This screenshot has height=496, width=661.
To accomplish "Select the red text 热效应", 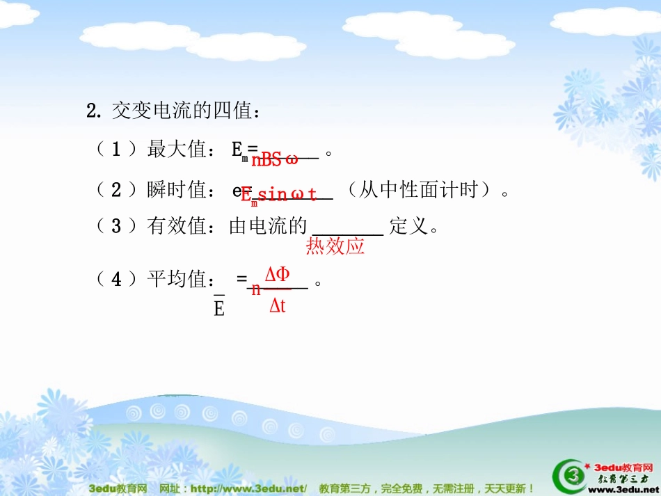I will pos(335,246).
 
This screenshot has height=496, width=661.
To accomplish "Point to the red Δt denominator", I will pos(278,305).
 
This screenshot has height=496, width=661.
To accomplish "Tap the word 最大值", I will pos(177,149).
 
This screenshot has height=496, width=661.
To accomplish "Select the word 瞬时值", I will pos(177,189).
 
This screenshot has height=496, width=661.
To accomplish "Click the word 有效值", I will pos(177,226).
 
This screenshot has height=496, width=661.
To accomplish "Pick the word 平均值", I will pos(177,280).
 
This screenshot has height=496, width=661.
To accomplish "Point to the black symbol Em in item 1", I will pos(239,151).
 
